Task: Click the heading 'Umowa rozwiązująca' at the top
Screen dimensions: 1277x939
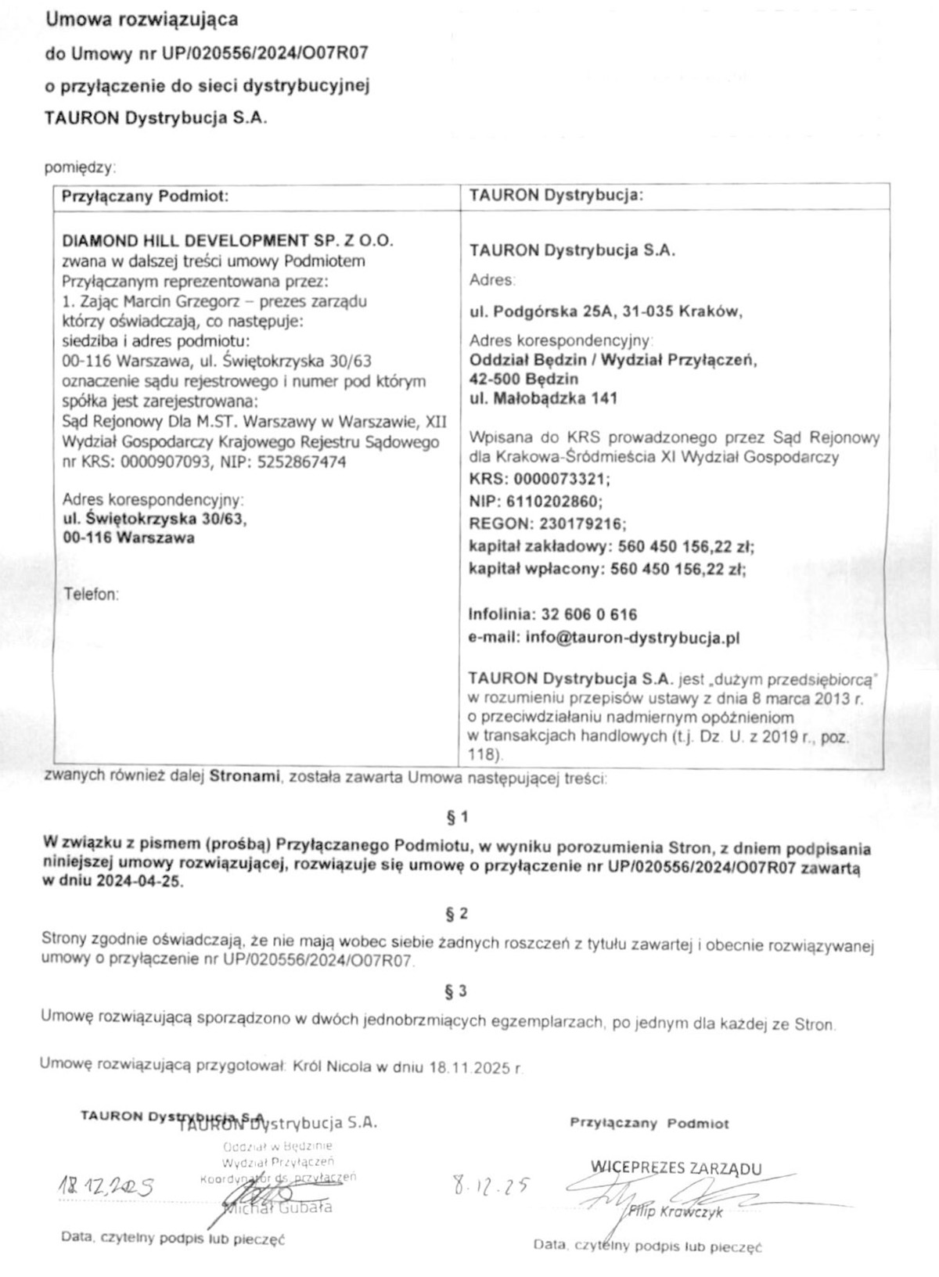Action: coord(142,20)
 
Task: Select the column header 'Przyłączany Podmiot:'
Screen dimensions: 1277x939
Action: coord(145,196)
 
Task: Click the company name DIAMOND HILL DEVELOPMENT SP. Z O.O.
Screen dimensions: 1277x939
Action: coord(228,240)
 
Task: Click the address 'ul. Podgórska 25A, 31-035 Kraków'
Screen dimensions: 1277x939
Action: coord(605,312)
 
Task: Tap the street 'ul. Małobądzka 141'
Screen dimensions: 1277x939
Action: coord(543,398)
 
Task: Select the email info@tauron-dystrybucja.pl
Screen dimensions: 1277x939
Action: coord(632,638)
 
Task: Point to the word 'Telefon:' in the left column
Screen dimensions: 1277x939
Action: coord(91,594)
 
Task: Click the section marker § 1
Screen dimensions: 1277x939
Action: coord(456,818)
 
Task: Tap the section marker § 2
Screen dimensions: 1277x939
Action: coord(456,913)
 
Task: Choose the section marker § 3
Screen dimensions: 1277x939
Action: coord(456,991)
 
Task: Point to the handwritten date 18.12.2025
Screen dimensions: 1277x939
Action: coord(106,1188)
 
